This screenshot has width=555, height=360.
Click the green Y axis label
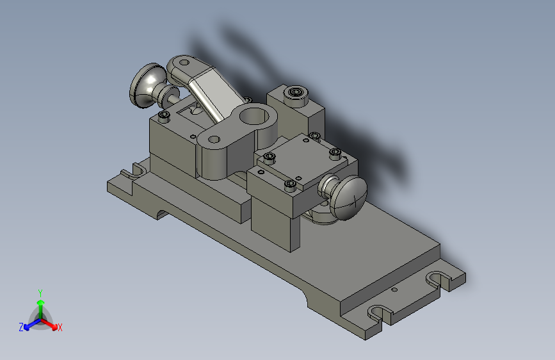click(40, 293)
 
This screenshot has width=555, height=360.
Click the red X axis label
click(60, 327)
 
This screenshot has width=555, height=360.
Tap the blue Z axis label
click(21, 327)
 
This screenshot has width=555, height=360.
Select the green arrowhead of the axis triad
click(41, 302)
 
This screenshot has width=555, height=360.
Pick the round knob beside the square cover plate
click(347, 197)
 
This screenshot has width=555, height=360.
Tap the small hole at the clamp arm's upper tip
click(184, 63)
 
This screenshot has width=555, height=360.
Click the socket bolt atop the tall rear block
click(295, 92)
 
